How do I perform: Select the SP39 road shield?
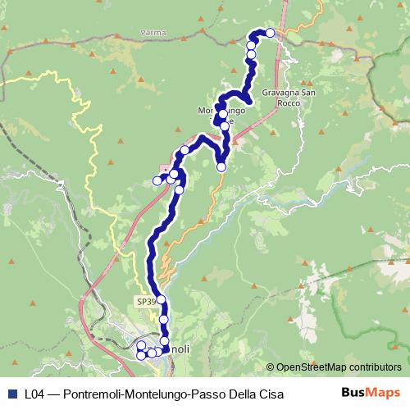[x=144, y=302]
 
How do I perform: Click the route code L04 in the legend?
[x=34, y=394]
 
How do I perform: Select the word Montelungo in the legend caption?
[x=156, y=394]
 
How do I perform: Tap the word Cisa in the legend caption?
[x=271, y=394]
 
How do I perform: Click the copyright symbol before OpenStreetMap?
[x=270, y=367]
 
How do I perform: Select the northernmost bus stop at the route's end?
[x=270, y=33]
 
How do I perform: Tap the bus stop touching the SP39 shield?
[x=161, y=299]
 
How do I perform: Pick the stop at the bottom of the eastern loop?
[x=221, y=167]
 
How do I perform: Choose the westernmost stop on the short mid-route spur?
[x=157, y=180]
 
